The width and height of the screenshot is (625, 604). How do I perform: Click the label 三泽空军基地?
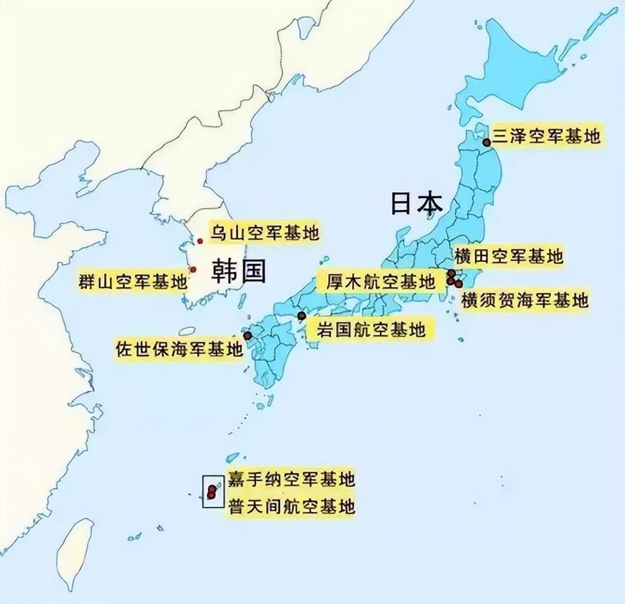point(547,137)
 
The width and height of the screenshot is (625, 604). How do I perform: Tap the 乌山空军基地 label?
point(264,232)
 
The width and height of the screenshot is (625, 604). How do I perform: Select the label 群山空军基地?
point(133,281)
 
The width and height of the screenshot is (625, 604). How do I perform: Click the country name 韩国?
point(238,272)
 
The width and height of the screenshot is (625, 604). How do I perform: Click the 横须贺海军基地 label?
point(525,300)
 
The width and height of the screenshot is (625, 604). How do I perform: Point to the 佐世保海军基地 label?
point(179,349)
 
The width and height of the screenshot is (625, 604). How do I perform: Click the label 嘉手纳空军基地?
point(290,480)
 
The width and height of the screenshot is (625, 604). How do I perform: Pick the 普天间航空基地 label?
point(290,506)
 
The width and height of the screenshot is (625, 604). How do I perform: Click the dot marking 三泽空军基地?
point(487,143)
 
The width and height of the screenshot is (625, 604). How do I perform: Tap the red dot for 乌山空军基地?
point(200,241)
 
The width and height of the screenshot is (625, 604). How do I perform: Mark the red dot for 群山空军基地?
point(192,269)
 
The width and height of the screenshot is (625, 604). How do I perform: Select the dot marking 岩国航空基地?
point(302,316)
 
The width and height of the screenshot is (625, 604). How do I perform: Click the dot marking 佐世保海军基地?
point(247,335)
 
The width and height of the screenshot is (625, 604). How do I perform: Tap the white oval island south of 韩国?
point(187,331)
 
